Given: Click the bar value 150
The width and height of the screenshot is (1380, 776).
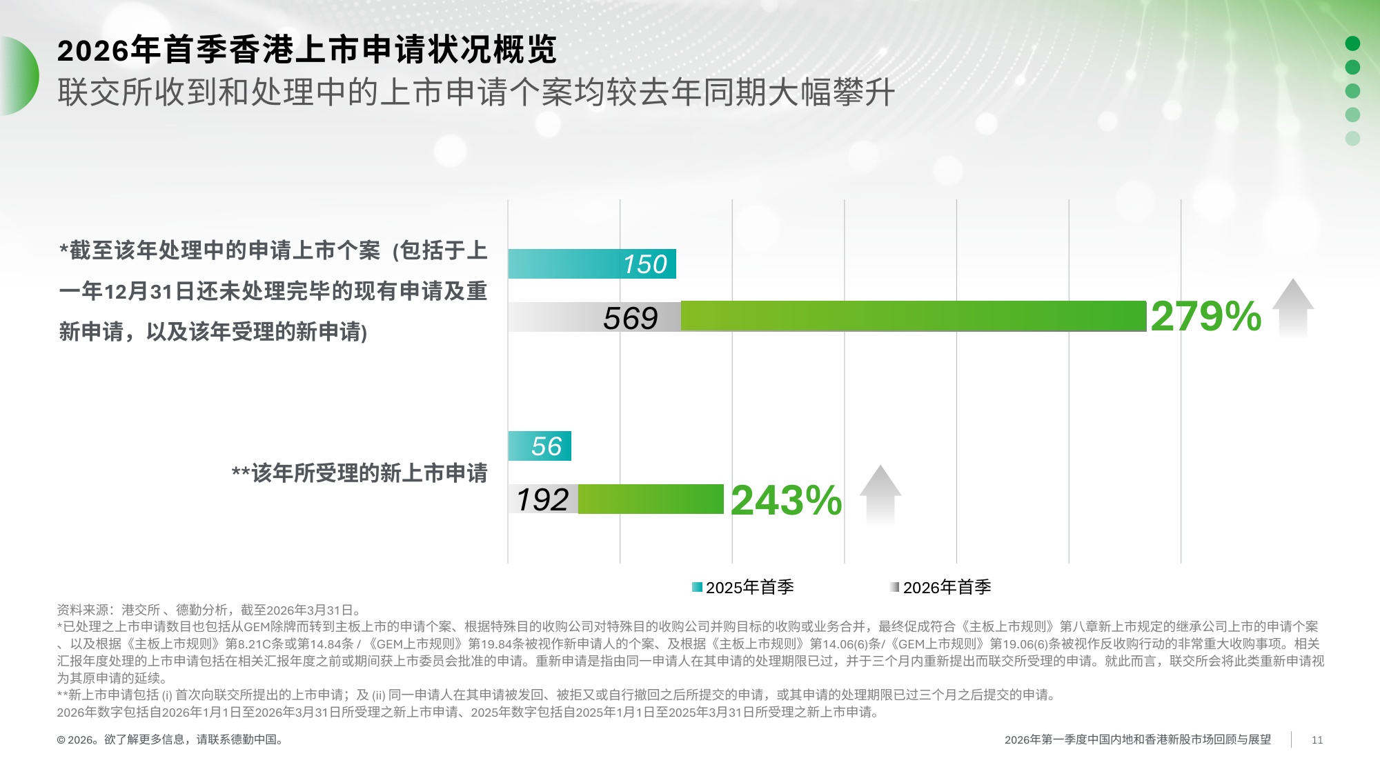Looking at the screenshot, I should click(644, 264).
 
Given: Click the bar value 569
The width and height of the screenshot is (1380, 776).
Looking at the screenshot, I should click(630, 318).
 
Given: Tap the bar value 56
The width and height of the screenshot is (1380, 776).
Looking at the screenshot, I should click(546, 446).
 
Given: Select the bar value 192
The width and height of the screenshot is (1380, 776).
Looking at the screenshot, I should click(542, 499).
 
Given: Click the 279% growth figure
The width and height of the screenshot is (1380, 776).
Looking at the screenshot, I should click(1205, 317).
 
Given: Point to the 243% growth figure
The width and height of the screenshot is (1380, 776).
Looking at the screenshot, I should click(786, 500).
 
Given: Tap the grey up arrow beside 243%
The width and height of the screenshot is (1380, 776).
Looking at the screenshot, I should click(880, 493).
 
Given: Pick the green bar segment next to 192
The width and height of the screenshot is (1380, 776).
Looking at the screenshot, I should click(650, 499).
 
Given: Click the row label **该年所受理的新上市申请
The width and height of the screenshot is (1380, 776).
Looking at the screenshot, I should click(359, 473).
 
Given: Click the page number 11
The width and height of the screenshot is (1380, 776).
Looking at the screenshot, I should click(1317, 739).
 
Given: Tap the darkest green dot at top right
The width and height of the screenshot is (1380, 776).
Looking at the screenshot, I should click(1352, 43).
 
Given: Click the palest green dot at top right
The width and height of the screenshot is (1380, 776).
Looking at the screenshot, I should click(1352, 138).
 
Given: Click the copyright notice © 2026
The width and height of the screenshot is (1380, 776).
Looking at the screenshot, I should click(170, 739).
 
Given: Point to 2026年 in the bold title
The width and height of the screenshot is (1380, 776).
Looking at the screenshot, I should click(93, 50).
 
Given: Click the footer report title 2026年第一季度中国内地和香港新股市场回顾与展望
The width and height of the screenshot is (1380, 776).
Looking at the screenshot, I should click(1137, 739).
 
